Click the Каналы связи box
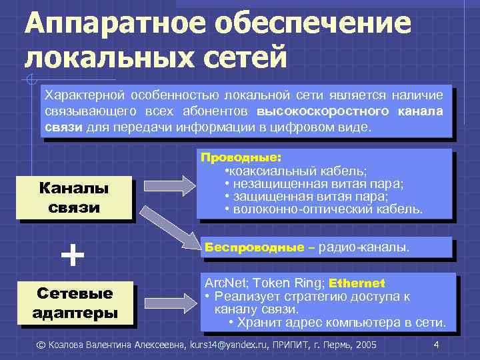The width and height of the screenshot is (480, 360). (x=74, y=197)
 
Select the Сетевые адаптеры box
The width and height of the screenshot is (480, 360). (x=74, y=303)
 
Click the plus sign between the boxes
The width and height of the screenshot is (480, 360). (x=73, y=253)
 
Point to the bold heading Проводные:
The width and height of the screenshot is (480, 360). (x=242, y=158)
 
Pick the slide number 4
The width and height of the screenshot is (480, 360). (x=435, y=345)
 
